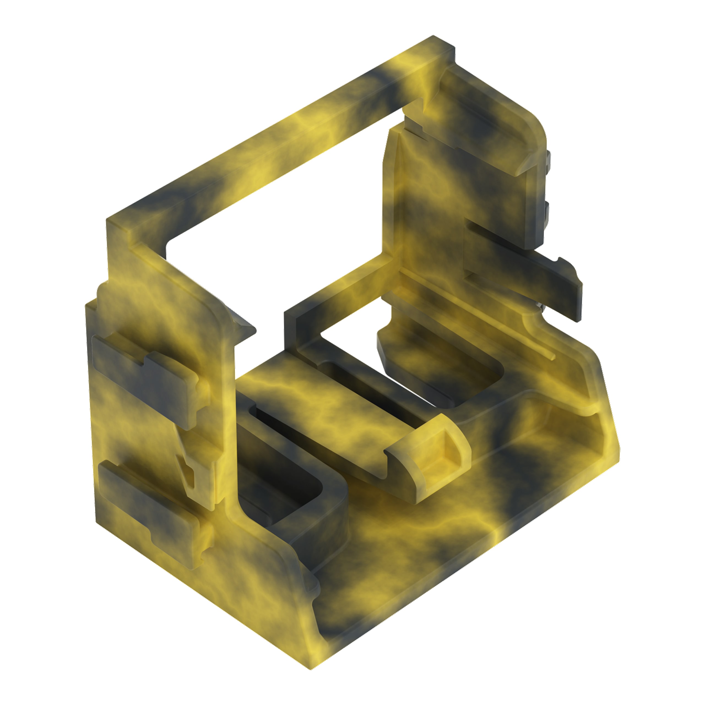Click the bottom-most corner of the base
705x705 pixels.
(310, 668)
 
